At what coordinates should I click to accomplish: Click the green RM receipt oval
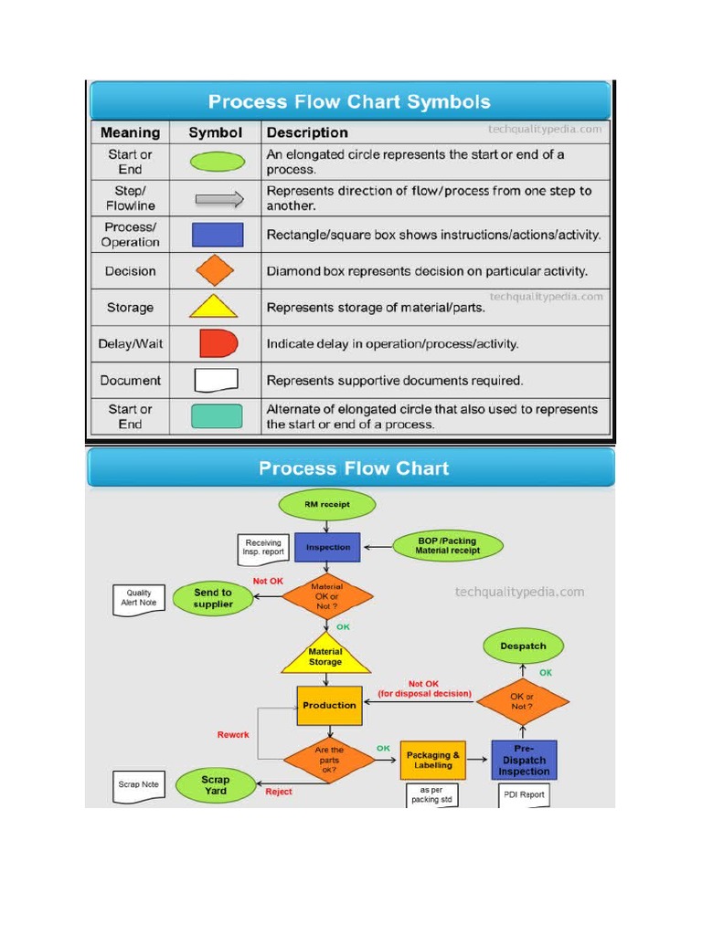326,504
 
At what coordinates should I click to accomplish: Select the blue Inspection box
327,547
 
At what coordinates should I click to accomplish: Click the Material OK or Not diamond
326,597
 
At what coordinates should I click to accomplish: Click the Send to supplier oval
213,598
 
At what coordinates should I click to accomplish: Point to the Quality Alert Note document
139,598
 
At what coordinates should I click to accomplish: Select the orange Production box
329,705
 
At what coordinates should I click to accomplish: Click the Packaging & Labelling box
432,760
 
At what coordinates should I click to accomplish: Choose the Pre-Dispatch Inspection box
524,760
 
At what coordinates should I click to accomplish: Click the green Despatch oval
523,646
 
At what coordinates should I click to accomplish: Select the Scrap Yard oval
216,784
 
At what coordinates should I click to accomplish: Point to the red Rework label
233,734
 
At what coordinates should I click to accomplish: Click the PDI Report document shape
524,794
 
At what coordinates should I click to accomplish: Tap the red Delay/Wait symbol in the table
218,344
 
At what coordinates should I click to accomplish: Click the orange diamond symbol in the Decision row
216,271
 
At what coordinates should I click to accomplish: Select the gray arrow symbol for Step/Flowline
218,198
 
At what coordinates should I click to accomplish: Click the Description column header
307,132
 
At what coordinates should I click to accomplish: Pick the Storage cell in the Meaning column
130,308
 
